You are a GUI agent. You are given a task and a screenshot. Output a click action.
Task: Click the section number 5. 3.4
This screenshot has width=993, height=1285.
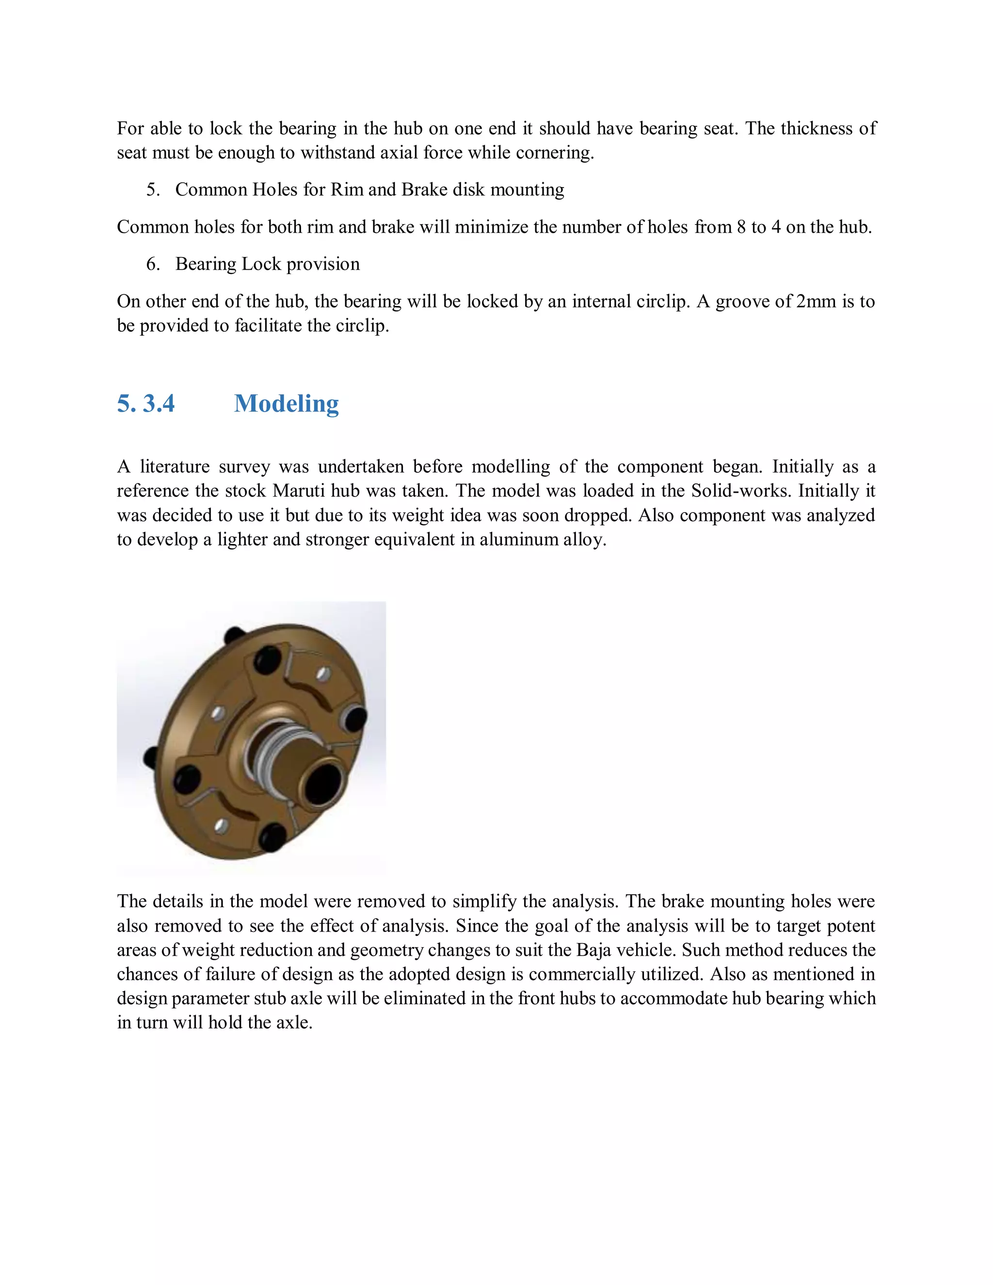[x=146, y=403]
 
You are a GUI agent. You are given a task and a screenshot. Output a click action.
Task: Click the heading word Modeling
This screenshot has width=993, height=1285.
[x=286, y=403]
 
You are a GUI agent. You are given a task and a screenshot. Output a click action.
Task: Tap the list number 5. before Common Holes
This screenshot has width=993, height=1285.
[x=153, y=190]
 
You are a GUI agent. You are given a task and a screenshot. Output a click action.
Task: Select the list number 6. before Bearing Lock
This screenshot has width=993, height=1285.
[x=153, y=264]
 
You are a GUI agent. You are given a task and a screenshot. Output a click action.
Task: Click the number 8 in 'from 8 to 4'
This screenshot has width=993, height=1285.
[x=741, y=227]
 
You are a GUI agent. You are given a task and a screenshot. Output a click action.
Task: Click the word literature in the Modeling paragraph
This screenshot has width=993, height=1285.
[x=174, y=466]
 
